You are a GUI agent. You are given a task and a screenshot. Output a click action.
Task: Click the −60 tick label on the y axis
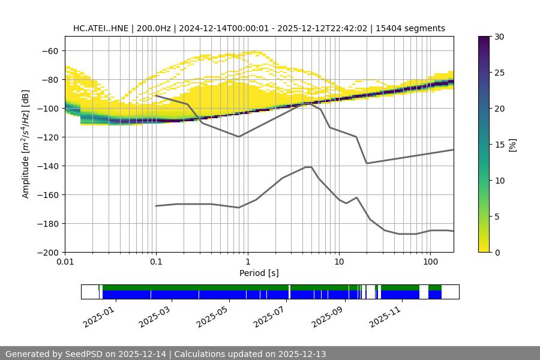[x=50, y=51]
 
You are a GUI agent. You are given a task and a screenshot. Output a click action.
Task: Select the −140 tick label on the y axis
[x=47, y=166]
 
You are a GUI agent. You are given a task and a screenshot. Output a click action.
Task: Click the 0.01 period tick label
[x=65, y=262]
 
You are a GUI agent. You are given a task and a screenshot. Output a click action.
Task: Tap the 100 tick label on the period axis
[x=430, y=262]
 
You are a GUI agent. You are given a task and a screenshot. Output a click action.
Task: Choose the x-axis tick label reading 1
[x=247, y=262]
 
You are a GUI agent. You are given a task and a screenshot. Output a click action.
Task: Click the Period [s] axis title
[x=259, y=273]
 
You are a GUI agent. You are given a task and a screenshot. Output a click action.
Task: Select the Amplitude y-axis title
[x=26, y=144]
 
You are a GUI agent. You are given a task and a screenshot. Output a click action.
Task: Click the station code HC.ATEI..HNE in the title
[x=97, y=28]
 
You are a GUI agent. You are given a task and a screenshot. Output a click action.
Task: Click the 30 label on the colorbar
[x=499, y=37]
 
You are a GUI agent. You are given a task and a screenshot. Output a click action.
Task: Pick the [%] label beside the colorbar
[x=512, y=144]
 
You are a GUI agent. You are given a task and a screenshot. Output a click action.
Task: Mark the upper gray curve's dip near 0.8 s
[x=239, y=137]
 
